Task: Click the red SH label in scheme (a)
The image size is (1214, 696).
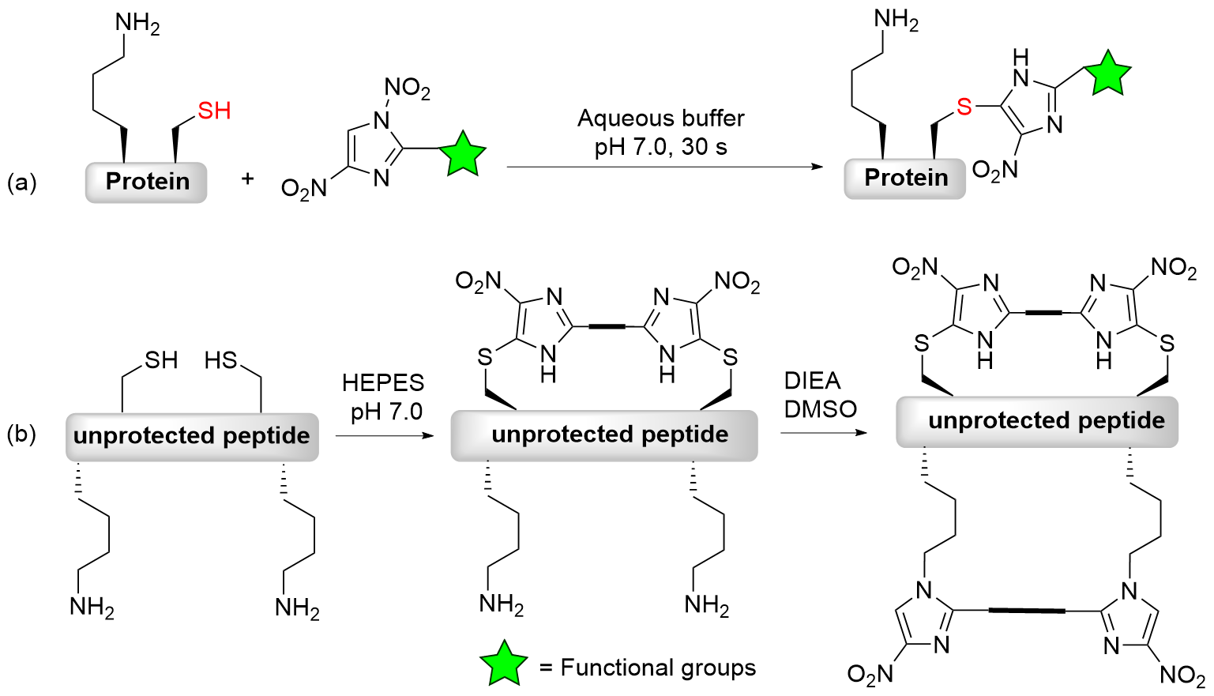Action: pos(214,111)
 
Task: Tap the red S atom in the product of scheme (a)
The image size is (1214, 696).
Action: pos(964,107)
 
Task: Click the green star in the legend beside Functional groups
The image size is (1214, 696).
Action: pos(503,664)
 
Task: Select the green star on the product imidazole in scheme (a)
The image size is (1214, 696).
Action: pos(1107,73)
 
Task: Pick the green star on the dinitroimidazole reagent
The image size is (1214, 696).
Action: pos(462,154)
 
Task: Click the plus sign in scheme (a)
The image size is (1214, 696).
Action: pos(248,179)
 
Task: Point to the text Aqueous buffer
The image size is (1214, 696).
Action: pos(660,119)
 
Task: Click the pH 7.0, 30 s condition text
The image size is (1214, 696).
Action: pos(660,147)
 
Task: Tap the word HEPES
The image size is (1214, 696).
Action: pos(383,383)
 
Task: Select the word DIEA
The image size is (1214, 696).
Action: pos(812,381)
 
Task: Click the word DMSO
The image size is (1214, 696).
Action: pos(820,409)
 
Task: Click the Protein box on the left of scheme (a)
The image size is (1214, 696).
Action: pos(147,182)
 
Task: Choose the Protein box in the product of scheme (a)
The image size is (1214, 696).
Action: pos(905,178)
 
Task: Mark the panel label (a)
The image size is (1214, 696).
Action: pos(21,182)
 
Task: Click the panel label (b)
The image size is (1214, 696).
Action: pos(21,435)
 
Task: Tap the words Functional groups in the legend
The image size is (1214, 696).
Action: pos(658,668)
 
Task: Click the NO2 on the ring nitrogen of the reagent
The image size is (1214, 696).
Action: pos(407,88)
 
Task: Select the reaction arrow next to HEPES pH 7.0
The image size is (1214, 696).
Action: pos(385,435)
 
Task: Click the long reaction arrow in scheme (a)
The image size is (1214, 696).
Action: pos(663,167)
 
